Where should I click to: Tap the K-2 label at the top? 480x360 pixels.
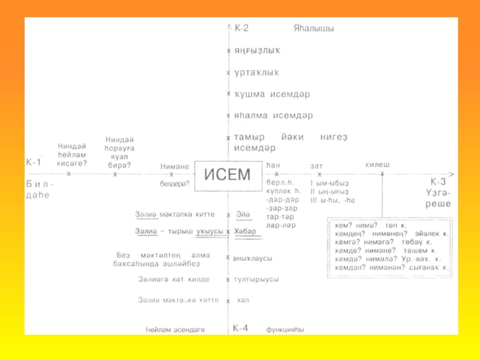[x=241, y=28]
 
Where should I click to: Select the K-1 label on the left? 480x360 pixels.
[x=34, y=162]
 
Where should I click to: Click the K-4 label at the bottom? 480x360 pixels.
[x=241, y=328]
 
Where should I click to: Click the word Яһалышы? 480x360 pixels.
[x=313, y=28]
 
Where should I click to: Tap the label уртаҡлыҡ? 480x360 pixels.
[x=256, y=72]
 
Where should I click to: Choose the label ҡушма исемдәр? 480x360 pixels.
[x=271, y=94]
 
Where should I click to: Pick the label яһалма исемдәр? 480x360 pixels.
[x=273, y=115]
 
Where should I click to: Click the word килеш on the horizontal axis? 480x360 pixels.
[x=377, y=164]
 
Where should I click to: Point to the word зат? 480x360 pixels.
[x=317, y=166]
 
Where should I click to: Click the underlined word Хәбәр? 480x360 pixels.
[x=246, y=231]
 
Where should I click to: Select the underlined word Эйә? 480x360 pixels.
[x=243, y=214]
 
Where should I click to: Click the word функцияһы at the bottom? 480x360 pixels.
[x=285, y=329]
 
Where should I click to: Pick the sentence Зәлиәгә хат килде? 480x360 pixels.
[x=173, y=279]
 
